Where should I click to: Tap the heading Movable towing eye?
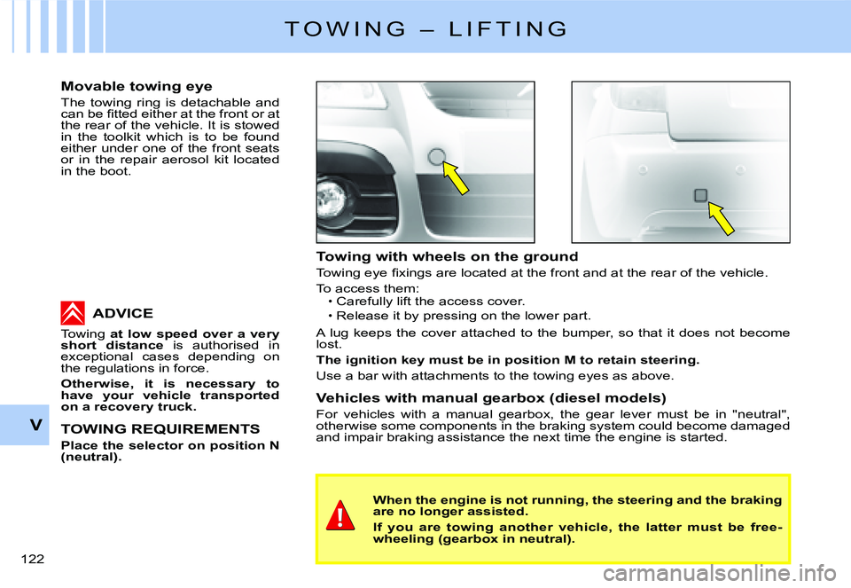tap(136, 86)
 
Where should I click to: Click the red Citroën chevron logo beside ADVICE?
tap(73, 313)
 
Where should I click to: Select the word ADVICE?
tap(122, 313)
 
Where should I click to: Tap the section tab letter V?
tap(35, 425)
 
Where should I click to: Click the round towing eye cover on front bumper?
tap(436, 158)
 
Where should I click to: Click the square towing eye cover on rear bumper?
tap(700, 195)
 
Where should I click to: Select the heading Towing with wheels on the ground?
tap(447, 256)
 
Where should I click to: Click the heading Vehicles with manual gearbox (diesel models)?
tap(490, 398)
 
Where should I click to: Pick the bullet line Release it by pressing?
tap(458, 316)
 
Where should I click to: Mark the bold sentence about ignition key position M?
tap(508, 361)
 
